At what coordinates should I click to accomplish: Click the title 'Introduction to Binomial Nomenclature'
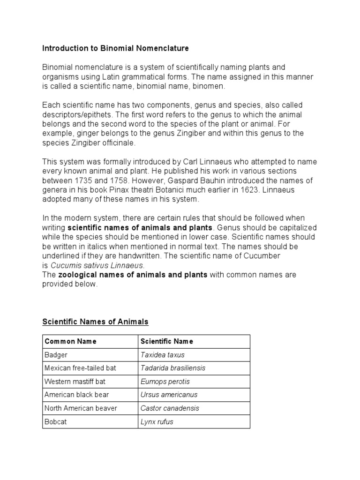click(115, 48)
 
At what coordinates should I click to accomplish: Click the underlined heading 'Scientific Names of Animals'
click(95, 322)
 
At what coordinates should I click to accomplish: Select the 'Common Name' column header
click(70, 341)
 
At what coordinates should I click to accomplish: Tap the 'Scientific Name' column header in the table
click(166, 341)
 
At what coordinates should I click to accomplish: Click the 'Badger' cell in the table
click(55, 355)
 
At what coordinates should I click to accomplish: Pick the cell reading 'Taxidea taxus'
click(163, 355)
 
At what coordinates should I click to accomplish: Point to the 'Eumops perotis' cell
click(165, 382)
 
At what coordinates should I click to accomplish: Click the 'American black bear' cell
click(76, 395)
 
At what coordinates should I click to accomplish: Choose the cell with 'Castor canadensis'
click(170, 408)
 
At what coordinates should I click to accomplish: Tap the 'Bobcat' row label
click(55, 422)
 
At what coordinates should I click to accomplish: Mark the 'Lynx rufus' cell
click(157, 422)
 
